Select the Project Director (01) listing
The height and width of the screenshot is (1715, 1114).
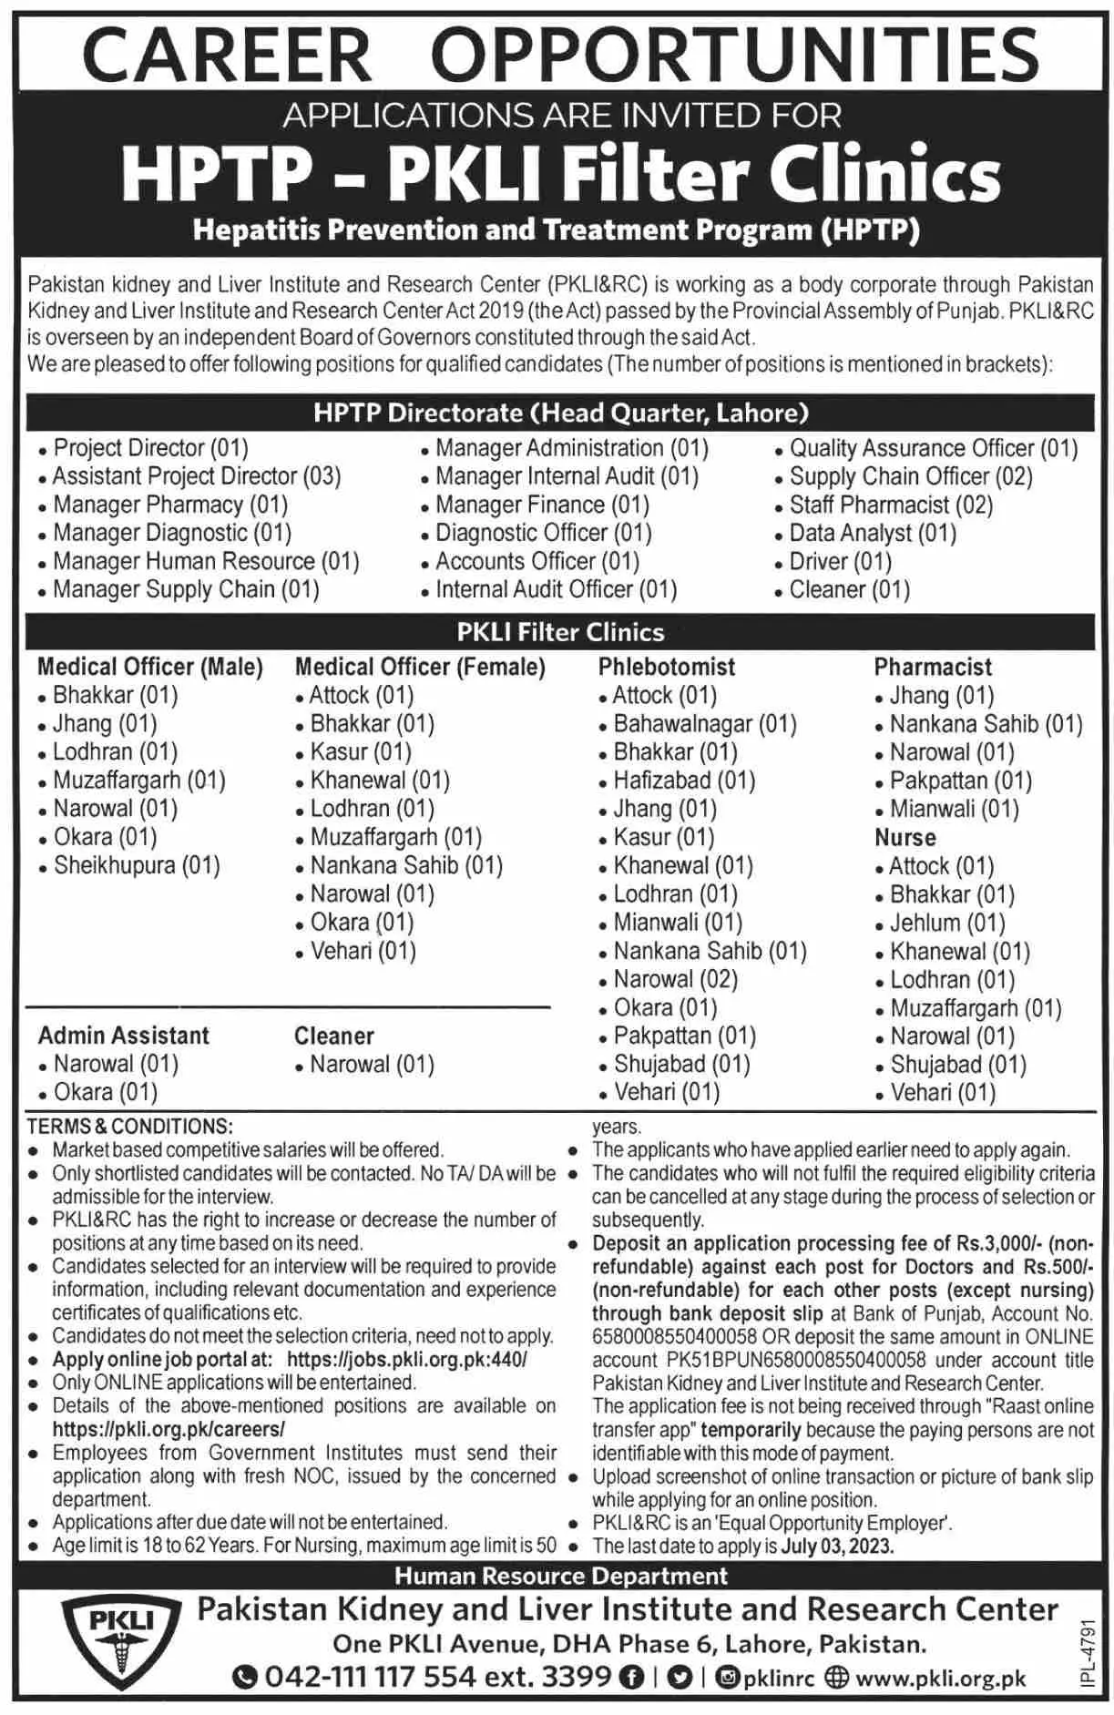pyautogui.click(x=150, y=448)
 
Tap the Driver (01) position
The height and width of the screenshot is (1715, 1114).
pyautogui.click(x=840, y=561)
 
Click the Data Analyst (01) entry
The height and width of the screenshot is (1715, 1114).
pyautogui.click(x=872, y=533)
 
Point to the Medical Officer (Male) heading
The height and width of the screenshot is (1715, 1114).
pyautogui.click(x=150, y=667)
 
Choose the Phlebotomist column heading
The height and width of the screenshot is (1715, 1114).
pyautogui.click(x=667, y=667)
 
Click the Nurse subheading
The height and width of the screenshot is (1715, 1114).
pyautogui.click(x=905, y=837)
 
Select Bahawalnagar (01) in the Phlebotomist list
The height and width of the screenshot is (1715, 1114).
pyautogui.click(x=704, y=724)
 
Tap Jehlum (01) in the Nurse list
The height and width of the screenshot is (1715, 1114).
pyautogui.click(x=947, y=923)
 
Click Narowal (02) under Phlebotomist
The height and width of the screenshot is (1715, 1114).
pyautogui.click(x=675, y=979)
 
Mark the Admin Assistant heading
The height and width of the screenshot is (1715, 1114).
pyautogui.click(x=124, y=1036)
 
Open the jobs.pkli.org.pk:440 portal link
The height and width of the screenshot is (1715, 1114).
pyautogui.click(x=406, y=1360)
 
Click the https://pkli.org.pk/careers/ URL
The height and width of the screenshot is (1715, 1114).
pyautogui.click(x=169, y=1430)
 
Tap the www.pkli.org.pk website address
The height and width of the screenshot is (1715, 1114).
pyautogui.click(x=940, y=1678)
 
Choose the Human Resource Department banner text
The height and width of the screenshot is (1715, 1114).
pyautogui.click(x=561, y=1576)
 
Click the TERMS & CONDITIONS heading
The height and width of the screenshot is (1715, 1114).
pyautogui.click(x=129, y=1127)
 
